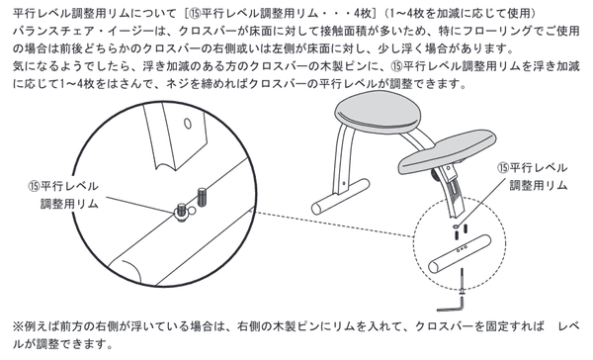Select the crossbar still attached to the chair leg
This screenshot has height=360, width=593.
pyautogui.click(x=340, y=197)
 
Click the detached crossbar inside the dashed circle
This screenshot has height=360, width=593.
pyautogui.click(x=460, y=253)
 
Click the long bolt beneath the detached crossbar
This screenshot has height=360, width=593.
pyautogui.click(x=462, y=282)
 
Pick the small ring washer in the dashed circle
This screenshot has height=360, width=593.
pyautogui.click(x=456, y=226)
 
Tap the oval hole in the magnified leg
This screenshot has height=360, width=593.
pyautogui.click(x=188, y=124)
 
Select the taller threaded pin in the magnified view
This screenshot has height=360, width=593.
pyautogui.click(x=202, y=198)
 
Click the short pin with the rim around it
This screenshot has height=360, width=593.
pyautogui.click(x=182, y=212)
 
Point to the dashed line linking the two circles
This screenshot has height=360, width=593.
pyautogui.click(x=334, y=225)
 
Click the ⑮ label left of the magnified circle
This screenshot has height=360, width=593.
pyautogui.click(x=63, y=195)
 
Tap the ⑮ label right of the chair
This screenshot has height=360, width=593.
pyautogui.click(x=533, y=176)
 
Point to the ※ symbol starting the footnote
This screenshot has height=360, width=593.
pyautogui.click(x=18, y=326)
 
